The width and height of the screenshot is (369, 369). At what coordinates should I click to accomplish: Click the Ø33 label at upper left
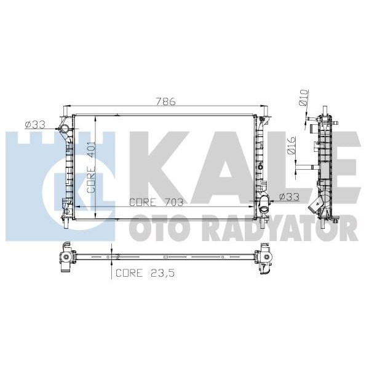point(35,125)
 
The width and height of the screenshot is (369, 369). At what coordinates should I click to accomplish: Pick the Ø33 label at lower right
point(288,197)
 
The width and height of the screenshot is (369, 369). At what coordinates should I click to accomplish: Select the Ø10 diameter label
point(303,98)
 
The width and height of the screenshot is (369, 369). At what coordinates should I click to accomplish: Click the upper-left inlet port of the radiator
point(61,128)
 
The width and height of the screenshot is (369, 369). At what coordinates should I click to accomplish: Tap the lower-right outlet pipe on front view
point(263,206)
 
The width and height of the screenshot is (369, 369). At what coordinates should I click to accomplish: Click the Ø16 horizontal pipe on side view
point(304,165)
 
